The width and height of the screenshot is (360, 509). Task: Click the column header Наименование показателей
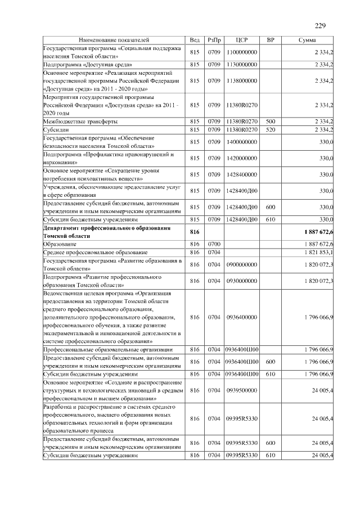pyautogui.click(x=114, y=40)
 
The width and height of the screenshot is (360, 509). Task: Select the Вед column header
pyautogui.click(x=195, y=40)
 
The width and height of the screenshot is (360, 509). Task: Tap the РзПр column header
pyautogui.click(x=214, y=40)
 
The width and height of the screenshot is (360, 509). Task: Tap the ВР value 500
pyautogui.click(x=270, y=121)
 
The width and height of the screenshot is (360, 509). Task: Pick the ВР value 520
pyautogui.click(x=270, y=130)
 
